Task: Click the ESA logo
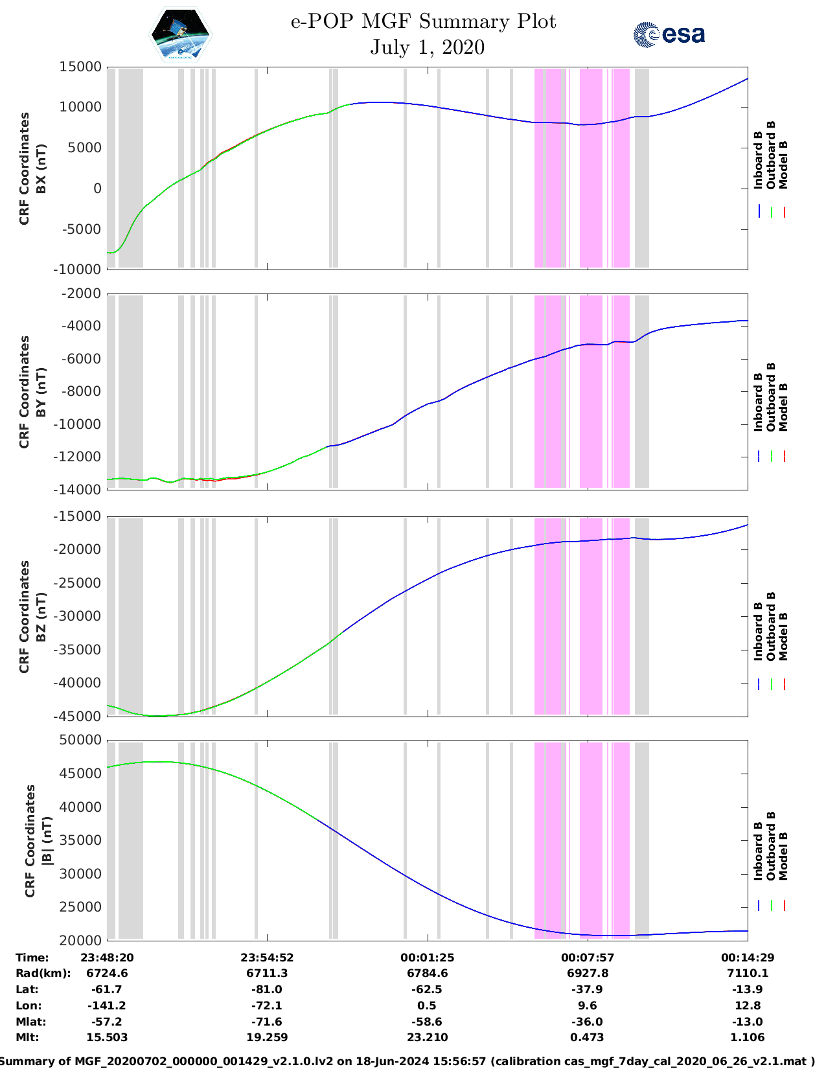pyautogui.click(x=669, y=34)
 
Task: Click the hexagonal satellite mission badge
pyautogui.click(x=180, y=35)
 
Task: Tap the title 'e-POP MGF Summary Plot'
pyautogui.click(x=423, y=21)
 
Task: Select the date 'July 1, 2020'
pyautogui.click(x=427, y=47)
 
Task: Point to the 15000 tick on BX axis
pyautogui.click(x=80, y=67)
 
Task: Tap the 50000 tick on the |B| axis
pyautogui.click(x=80, y=740)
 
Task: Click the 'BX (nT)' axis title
pyautogui.click(x=41, y=168)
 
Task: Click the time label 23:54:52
pyautogui.click(x=267, y=958)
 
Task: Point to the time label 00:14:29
pyautogui.click(x=747, y=958)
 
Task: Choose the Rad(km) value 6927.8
pyautogui.click(x=587, y=973)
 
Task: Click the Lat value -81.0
pyautogui.click(x=267, y=989)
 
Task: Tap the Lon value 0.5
pyautogui.click(x=427, y=1006)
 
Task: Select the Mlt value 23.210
pyautogui.click(x=427, y=1037)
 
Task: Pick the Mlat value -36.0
pyautogui.click(x=587, y=1022)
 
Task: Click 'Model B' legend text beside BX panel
pyautogui.click(x=783, y=165)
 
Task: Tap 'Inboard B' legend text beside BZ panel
pyautogui.click(x=758, y=632)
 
